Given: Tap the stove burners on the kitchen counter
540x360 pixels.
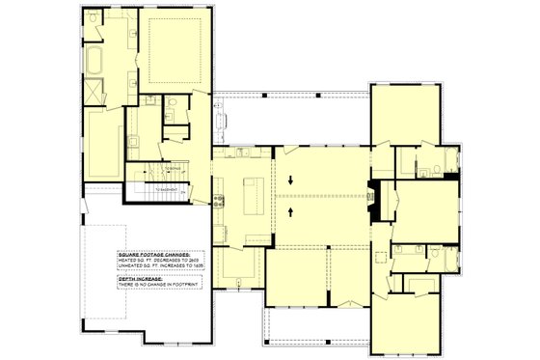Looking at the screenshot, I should click(x=220, y=202).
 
